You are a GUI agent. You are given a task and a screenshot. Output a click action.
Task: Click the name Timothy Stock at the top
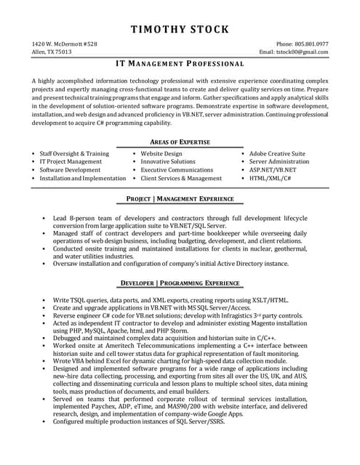pos(180,30)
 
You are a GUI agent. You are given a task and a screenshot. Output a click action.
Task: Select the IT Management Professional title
pos(180,65)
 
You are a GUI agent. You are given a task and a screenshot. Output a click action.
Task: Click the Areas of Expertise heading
pos(180,142)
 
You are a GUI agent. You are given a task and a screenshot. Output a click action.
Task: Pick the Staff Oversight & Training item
pos(74,154)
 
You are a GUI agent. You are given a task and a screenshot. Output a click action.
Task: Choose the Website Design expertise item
pos(161,154)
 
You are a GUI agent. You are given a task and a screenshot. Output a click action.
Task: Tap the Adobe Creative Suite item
pos(277,154)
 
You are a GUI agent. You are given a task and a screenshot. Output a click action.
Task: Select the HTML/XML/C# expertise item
pos(270,178)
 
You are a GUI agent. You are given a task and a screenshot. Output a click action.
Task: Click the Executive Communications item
pos(177,170)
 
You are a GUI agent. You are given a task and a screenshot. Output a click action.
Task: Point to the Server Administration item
pos(279,162)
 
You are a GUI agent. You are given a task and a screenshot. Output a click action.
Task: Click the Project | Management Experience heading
pos(180,198)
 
